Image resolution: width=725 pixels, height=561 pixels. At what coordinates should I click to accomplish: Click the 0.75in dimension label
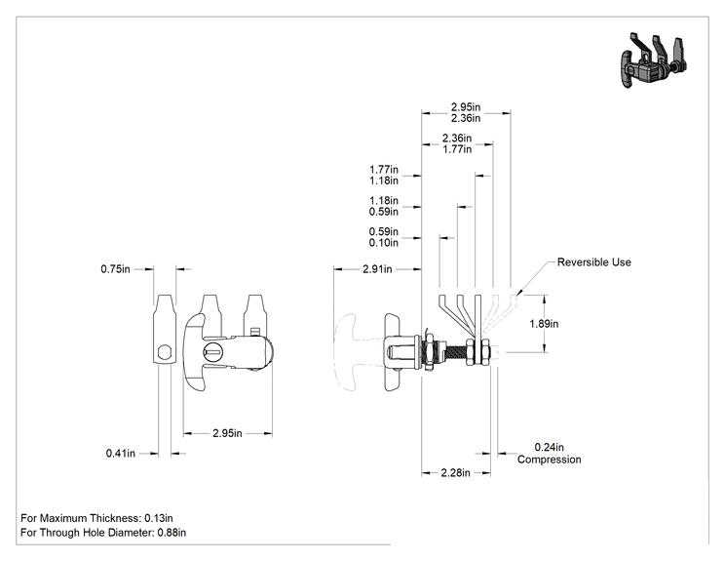click(115, 269)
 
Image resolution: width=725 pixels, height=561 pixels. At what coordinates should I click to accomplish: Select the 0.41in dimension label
click(120, 453)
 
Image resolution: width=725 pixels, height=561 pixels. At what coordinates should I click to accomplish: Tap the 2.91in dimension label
click(377, 269)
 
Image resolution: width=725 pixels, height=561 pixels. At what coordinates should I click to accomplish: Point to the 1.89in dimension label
click(544, 324)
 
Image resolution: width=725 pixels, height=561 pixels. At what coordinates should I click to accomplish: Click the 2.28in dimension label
click(455, 472)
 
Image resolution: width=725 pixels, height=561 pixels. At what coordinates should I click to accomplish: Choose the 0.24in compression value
click(550, 447)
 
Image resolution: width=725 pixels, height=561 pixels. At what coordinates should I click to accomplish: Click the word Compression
click(550, 460)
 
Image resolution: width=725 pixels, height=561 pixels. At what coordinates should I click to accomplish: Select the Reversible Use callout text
click(593, 262)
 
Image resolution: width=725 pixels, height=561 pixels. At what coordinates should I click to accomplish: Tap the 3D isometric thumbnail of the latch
click(652, 60)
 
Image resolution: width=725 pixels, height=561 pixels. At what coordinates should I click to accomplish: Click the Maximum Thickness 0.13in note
click(96, 518)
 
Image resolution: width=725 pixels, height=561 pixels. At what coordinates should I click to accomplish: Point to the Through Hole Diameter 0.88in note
click(103, 533)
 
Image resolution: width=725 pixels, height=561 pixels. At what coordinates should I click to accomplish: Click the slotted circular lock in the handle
click(212, 352)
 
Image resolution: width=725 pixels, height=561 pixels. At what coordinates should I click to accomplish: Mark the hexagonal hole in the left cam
click(163, 353)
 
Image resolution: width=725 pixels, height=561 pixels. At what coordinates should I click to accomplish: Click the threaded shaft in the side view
click(455, 352)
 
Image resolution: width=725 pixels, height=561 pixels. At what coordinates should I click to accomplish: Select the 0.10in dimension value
click(383, 243)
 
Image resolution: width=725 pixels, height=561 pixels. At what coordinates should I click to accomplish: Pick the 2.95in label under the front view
click(227, 433)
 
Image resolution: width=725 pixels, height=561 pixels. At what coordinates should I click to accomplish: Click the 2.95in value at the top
click(466, 107)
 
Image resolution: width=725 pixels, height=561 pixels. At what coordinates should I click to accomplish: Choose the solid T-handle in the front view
click(194, 352)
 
